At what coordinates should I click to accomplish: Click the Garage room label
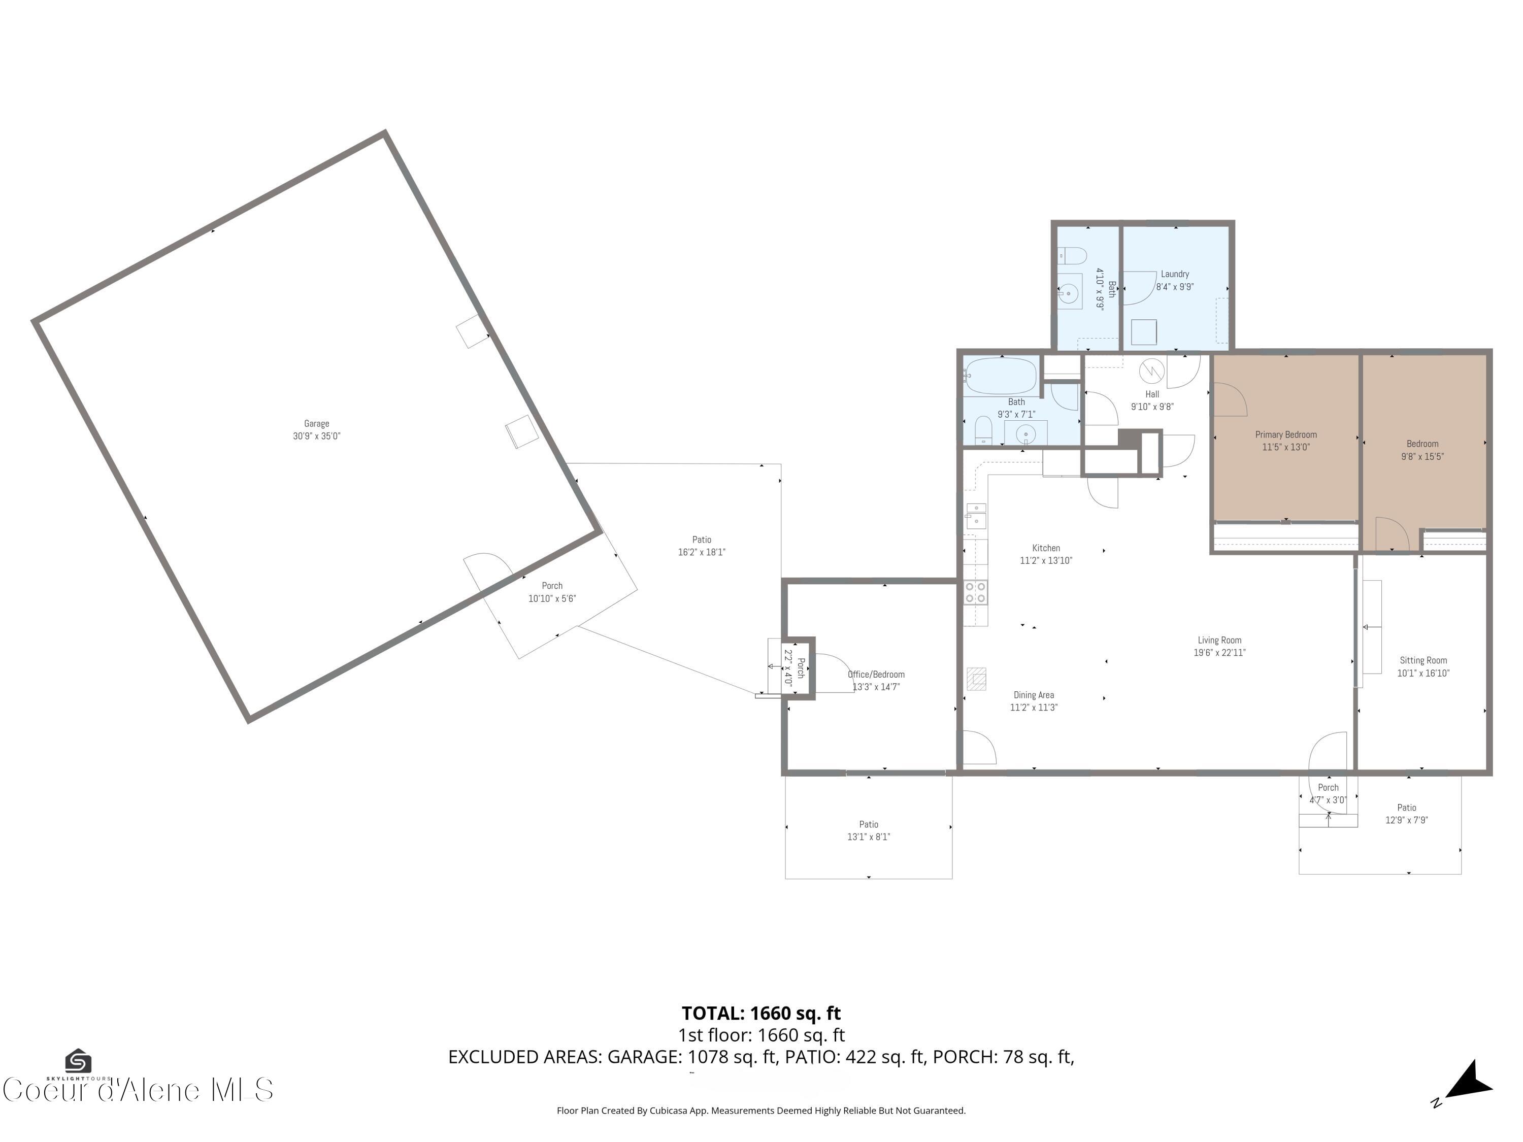point(316,423)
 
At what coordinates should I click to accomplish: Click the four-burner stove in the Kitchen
point(976,592)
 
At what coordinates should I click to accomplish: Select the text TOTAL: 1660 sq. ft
point(761,1013)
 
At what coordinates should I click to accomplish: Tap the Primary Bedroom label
point(1285,434)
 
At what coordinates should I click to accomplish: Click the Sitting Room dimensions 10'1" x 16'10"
point(1422,673)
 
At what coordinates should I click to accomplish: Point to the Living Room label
point(1219,640)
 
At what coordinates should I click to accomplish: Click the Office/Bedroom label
point(876,675)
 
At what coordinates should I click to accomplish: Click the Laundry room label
point(1175,274)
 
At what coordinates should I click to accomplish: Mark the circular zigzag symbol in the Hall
point(1151,371)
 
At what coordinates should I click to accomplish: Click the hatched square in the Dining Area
point(976,678)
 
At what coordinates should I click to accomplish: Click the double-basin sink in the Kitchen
point(976,516)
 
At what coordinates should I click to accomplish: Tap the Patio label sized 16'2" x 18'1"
point(702,540)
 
